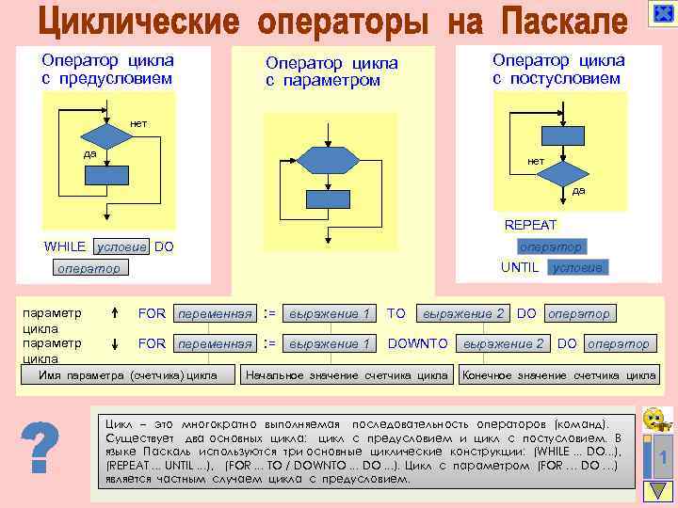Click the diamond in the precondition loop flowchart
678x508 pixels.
click(x=105, y=136)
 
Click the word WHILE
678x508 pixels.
click(x=65, y=246)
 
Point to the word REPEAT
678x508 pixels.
click(x=530, y=226)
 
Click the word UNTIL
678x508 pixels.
click(x=520, y=267)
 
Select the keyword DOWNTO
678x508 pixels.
click(x=418, y=343)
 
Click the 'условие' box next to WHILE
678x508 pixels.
click(x=121, y=246)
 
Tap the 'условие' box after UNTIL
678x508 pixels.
click(x=579, y=267)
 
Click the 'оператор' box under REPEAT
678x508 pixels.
click(x=551, y=246)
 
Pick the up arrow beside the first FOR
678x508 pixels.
click(x=113, y=313)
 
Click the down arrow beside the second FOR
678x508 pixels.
click(x=113, y=343)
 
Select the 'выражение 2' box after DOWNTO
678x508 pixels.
click(x=503, y=343)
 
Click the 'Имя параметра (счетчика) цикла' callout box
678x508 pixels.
click(x=128, y=375)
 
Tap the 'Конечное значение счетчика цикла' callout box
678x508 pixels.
click(x=558, y=375)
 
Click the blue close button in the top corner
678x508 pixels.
click(x=660, y=16)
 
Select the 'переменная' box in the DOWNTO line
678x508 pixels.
click(x=216, y=343)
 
